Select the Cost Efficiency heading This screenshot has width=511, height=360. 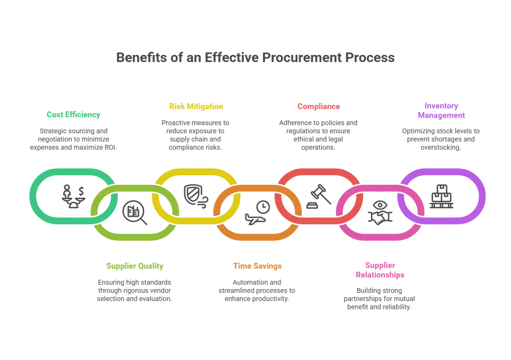(73, 114)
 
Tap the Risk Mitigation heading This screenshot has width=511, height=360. (196, 106)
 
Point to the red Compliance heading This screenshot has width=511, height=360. (318, 106)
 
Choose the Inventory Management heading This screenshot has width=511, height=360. (441, 110)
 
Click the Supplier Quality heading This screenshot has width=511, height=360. (135, 266)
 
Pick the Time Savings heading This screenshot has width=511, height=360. (257, 266)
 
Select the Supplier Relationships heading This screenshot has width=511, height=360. (380, 270)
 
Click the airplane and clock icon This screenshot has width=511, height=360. (257, 213)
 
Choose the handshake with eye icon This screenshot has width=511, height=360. (380, 213)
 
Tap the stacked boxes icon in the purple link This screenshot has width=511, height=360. (441, 195)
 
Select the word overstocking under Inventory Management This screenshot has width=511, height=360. (441, 147)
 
